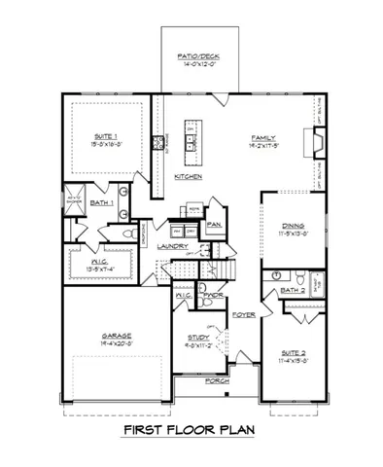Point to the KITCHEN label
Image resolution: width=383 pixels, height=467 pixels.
pyautogui.click(x=189, y=177)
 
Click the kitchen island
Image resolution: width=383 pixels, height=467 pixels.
pyautogui.click(x=193, y=139)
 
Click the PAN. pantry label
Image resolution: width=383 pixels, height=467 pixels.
pyautogui.click(x=213, y=226)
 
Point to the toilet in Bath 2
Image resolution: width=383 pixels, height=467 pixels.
pyautogui.click(x=302, y=274)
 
